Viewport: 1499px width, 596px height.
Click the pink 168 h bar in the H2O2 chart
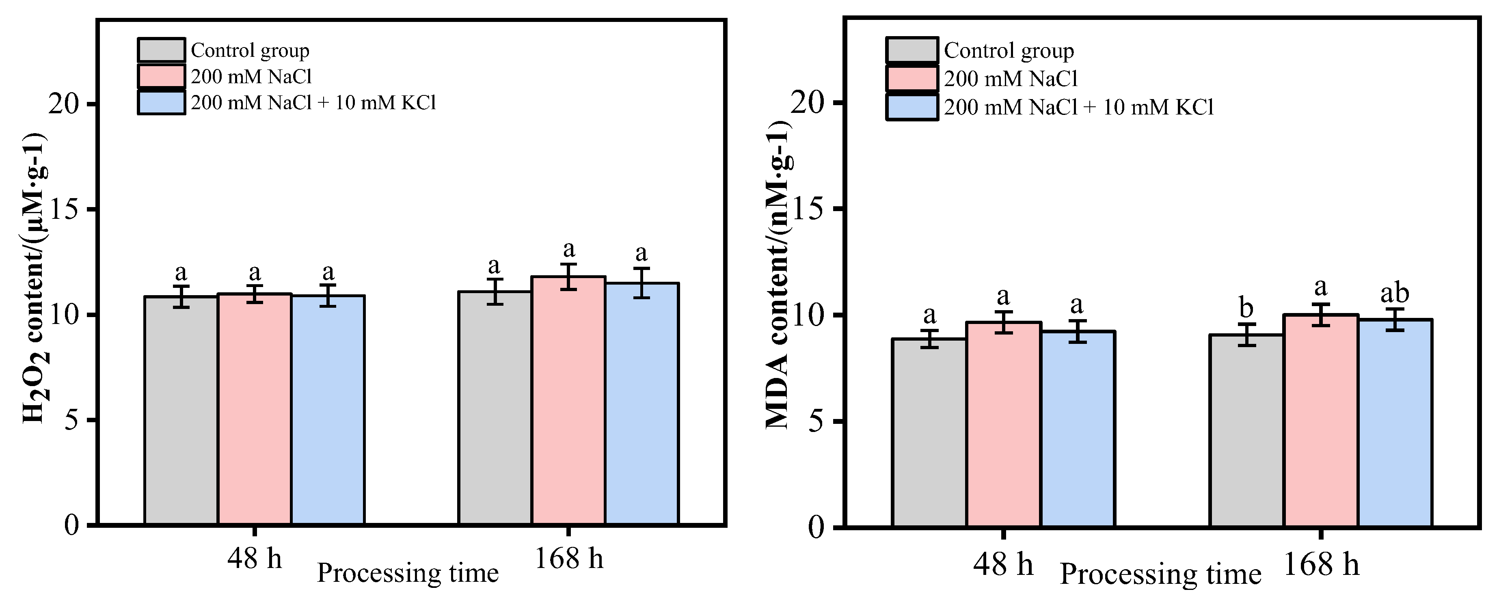click(568, 402)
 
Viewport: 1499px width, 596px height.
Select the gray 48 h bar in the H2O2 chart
click(181, 410)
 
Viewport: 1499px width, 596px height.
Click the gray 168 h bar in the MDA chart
click(1246, 431)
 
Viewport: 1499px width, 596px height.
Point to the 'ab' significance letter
click(1394, 294)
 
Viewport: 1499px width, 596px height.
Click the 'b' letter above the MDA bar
click(1246, 309)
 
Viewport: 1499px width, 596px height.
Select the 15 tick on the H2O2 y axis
click(64, 210)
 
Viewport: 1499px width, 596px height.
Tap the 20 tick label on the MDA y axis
click(809, 103)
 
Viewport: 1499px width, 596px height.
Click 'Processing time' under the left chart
click(407, 573)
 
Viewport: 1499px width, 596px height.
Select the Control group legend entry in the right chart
click(1009, 51)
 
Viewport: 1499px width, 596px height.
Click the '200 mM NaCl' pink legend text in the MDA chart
click(1011, 79)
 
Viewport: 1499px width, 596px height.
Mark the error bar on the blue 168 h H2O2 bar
click(641, 283)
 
